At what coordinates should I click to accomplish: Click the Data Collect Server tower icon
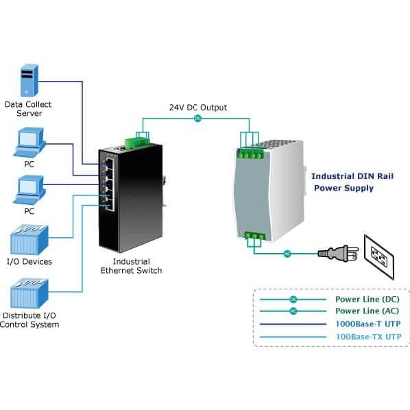pos(29,80)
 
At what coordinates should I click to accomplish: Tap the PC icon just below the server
pos(29,143)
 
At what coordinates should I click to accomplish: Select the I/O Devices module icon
pos(29,240)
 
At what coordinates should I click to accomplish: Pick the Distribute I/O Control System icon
pos(29,293)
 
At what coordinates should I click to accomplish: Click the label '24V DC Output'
pos(198,108)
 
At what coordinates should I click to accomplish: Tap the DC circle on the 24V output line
pos(197,119)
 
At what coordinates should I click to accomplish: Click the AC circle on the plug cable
pos(287,254)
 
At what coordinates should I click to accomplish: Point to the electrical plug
pos(338,253)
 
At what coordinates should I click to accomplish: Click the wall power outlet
pos(379,257)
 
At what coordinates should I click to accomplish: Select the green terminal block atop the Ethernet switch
pos(137,142)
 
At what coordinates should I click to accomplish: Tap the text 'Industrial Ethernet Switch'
pos(131,266)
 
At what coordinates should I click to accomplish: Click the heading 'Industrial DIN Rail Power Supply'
pos(352,182)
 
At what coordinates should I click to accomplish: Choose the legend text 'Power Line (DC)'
pos(367,299)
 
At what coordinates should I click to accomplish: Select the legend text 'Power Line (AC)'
pos(367,311)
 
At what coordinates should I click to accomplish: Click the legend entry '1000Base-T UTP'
pos(368,324)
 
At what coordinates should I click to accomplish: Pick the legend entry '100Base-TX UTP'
pos(368,337)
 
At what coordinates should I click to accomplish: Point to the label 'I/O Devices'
pos(29,261)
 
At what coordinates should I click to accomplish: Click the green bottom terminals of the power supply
pos(254,236)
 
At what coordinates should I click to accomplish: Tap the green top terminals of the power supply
pos(250,154)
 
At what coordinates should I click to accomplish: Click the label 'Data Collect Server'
pos(28,109)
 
